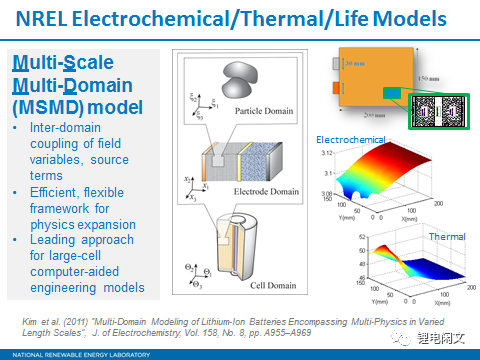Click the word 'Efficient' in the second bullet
tap(47, 191)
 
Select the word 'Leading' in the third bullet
tap(45, 240)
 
